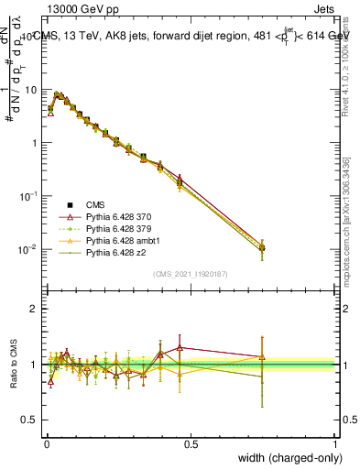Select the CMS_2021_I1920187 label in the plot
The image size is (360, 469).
click(190, 274)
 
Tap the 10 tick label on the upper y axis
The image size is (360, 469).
click(31, 90)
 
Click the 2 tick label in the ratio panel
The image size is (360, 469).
click(35, 309)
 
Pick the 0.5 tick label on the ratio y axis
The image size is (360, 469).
click(30, 420)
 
